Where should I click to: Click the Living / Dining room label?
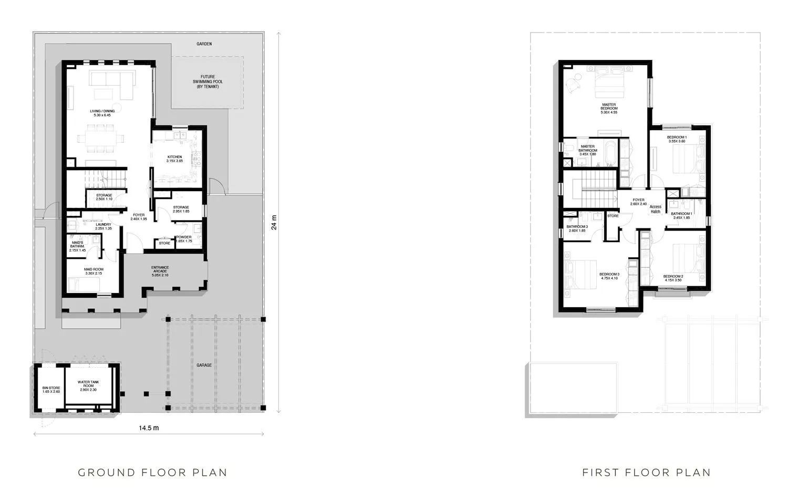[102, 113]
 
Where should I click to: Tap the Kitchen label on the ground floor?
[174, 159]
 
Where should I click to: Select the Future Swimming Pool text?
[208, 81]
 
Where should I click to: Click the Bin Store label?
[51, 390]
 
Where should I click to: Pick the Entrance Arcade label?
[160, 271]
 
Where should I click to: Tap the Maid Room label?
[93, 272]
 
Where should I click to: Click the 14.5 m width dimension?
[149, 428]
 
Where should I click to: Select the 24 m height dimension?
[273, 223]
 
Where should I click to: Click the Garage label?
[204, 365]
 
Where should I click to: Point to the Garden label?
[204, 44]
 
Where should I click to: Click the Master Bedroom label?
[609, 108]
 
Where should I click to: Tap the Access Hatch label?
[655, 209]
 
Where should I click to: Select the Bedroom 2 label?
[673, 278]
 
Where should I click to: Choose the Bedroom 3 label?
[609, 276]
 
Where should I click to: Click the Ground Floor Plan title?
[152, 473]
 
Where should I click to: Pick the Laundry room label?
[103, 226]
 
